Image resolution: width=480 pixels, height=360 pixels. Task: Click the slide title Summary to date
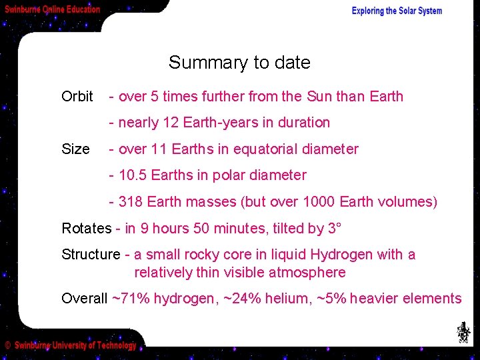239,63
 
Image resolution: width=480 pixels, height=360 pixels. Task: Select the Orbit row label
77,97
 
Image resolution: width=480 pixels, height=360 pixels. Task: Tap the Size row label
75,149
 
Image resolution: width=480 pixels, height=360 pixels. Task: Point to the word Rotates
87,229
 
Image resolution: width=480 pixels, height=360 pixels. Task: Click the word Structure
91,255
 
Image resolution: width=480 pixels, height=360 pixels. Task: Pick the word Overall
84,299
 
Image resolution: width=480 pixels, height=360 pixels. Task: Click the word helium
284,299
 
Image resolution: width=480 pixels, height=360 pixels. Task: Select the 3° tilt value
335,229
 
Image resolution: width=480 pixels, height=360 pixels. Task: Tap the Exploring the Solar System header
397,11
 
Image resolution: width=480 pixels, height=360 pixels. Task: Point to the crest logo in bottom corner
463,332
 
